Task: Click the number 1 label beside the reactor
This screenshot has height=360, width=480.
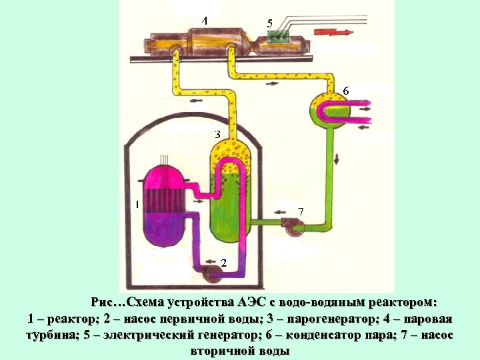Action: [x=137, y=205]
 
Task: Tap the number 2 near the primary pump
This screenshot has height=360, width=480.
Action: [x=223, y=263]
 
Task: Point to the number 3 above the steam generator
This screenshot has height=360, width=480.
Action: [x=217, y=134]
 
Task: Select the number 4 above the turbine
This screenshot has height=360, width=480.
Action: [x=205, y=21]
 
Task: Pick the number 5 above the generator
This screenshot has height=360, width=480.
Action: [x=269, y=23]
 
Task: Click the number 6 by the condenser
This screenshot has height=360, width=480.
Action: [x=345, y=90]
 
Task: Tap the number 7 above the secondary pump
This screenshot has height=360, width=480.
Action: [x=301, y=211]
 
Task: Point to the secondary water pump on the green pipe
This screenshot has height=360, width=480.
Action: [x=293, y=227]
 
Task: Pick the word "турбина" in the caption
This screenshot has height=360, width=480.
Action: [x=53, y=335]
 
